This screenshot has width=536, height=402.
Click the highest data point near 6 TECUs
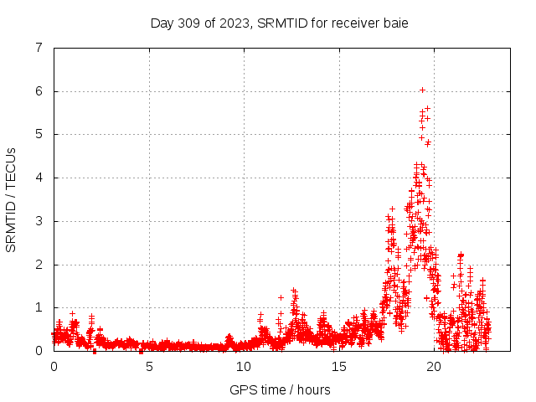pos(422,90)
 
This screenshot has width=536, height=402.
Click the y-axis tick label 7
pos(39,48)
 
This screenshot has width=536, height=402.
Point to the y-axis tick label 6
pos(39,91)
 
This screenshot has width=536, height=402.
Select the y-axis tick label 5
pos(39,134)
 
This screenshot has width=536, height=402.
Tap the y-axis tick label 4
pos(39,178)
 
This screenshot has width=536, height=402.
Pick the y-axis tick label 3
pos(39,221)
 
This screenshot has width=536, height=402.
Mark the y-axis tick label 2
pos(39,265)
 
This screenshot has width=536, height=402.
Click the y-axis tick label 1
pos(39,307)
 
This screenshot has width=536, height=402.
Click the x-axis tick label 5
pos(149,366)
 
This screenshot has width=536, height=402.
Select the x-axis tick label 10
pos(244,366)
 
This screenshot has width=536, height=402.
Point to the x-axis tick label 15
pos(338,366)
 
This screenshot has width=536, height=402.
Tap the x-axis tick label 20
pos(434,366)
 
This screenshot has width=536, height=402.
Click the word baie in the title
pos(395,23)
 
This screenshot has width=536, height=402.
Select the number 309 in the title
pos(189,23)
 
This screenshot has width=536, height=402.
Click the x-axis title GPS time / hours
pos(280,389)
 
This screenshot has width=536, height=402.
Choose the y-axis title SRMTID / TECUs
pos(12,199)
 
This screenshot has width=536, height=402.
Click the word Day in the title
pos(162,23)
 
